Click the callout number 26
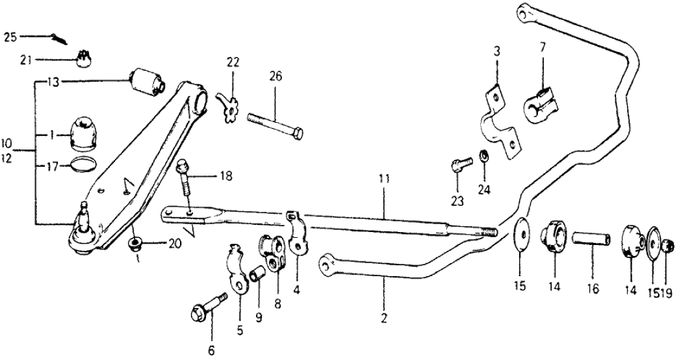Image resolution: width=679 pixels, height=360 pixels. [x=276, y=76]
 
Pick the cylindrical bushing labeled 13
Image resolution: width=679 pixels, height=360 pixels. [x=148, y=81]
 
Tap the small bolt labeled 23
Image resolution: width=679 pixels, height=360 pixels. [x=458, y=165]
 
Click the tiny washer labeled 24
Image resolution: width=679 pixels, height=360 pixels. [x=483, y=157]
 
